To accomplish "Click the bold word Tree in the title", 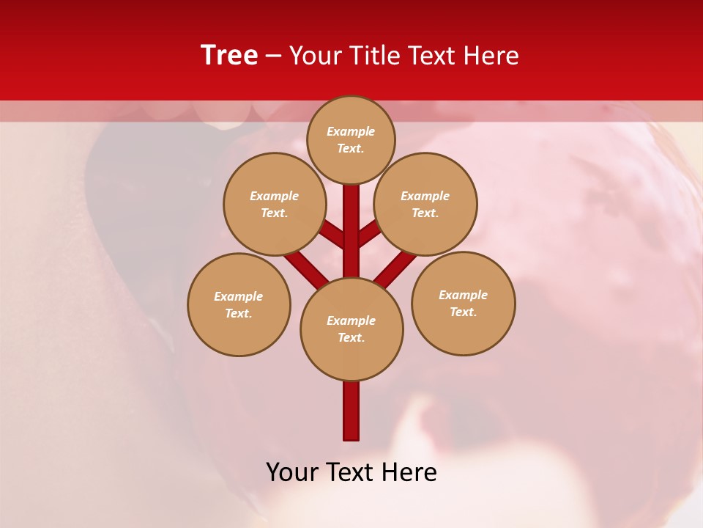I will click(x=229, y=55).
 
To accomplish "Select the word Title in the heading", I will click(x=372, y=56).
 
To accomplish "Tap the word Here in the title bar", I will click(x=492, y=56).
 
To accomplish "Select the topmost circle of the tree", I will click(x=351, y=139).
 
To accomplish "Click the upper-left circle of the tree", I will click(x=275, y=204).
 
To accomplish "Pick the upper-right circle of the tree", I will click(x=425, y=204).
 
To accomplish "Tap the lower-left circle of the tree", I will click(x=239, y=304).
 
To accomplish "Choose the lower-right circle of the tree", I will click(x=464, y=303).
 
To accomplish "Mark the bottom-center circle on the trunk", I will click(x=351, y=329).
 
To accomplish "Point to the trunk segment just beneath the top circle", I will click(x=351, y=213).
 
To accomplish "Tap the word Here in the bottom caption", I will click(x=410, y=472).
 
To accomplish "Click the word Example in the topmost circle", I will click(x=351, y=131).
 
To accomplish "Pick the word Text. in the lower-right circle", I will click(x=463, y=312).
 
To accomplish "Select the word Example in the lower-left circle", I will click(x=238, y=296).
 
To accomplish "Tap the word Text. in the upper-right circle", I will click(x=425, y=213).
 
